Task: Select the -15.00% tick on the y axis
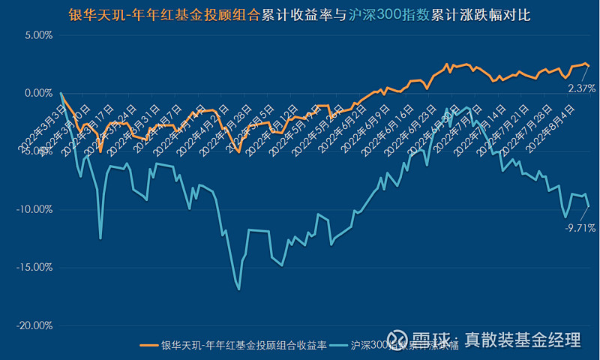pos(32,267)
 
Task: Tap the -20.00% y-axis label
pos(32,325)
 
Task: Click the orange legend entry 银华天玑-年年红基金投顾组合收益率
pos(233,345)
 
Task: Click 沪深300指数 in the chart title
pos(382,13)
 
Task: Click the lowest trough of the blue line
pos(239,289)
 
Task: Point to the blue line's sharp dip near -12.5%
pos(100,238)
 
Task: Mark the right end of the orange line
pos(589,66)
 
